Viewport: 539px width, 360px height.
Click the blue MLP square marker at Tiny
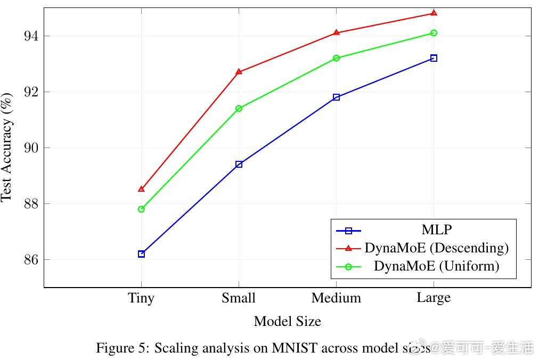tap(141, 254)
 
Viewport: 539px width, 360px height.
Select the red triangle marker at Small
tap(239, 71)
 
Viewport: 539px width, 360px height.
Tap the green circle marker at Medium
tap(336, 58)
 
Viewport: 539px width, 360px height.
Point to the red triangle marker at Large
tap(434, 13)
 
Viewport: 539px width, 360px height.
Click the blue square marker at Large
tap(434, 58)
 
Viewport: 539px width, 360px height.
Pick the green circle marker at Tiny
tap(141, 209)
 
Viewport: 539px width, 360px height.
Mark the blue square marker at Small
tap(239, 165)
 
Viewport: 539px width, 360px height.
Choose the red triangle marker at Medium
tap(336, 32)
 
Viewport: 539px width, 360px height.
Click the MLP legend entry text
tap(436, 230)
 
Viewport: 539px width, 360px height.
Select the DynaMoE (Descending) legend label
tap(436, 248)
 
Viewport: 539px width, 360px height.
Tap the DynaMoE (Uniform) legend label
tap(436, 266)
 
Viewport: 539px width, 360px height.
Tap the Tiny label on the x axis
tap(141, 298)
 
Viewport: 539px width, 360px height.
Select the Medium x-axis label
tap(336, 298)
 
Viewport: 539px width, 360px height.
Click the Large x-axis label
tap(434, 298)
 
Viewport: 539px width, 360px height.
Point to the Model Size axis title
tap(287, 322)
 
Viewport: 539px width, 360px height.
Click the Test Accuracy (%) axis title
tap(6, 148)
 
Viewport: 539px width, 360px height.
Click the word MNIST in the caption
tap(293, 348)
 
